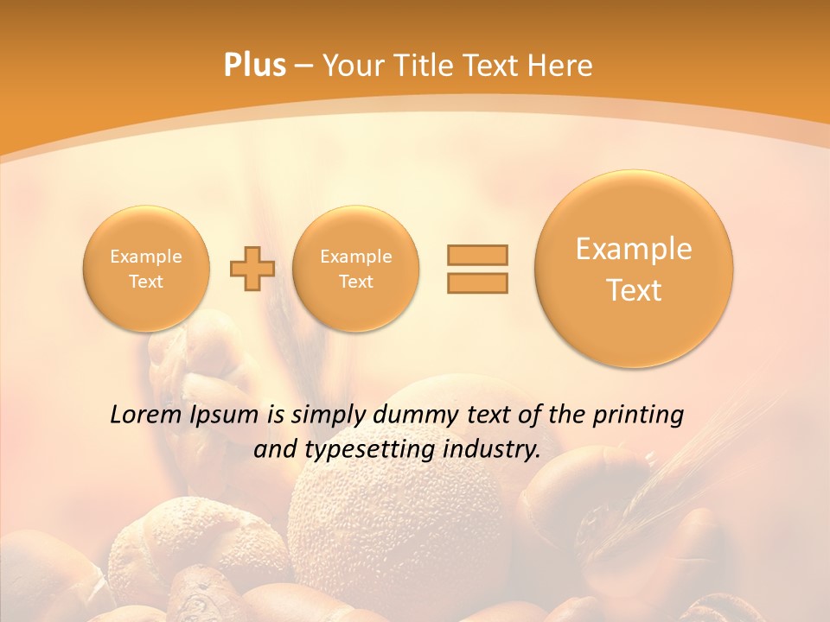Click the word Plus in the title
click(254, 66)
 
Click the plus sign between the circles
click(252, 268)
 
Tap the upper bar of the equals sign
click(477, 255)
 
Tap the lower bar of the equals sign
click(477, 282)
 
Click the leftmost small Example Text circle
click(146, 268)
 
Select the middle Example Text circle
click(355, 268)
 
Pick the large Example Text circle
click(634, 268)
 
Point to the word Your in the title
click(349, 66)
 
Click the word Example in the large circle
click(634, 249)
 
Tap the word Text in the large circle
click(634, 290)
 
